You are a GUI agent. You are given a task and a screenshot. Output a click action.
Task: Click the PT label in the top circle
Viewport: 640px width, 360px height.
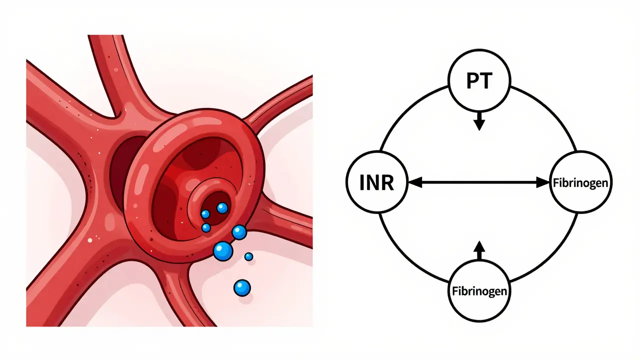[479, 81]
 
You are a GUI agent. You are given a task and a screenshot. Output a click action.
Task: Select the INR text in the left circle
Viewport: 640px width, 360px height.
[376, 182]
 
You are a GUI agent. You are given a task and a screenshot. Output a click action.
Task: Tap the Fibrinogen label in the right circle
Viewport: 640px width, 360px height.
[580, 183]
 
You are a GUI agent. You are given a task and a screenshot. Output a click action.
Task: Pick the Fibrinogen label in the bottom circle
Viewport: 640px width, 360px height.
[479, 291]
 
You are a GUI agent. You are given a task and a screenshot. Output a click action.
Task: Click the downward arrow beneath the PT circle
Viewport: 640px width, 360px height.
[479, 121]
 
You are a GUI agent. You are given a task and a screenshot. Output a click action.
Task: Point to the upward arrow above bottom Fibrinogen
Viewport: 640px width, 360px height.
[479, 250]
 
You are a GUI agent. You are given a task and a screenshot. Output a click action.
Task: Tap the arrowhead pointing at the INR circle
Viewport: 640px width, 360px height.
[415, 182]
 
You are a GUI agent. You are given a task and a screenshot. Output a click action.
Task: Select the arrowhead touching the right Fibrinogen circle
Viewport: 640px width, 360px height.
[543, 182]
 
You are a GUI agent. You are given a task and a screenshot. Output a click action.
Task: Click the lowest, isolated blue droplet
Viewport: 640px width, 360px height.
[242, 287]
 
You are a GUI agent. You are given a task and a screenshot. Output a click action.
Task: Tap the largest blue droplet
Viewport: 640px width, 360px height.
[223, 251]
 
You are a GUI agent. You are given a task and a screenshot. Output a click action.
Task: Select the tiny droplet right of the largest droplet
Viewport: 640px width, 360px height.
[249, 256]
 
